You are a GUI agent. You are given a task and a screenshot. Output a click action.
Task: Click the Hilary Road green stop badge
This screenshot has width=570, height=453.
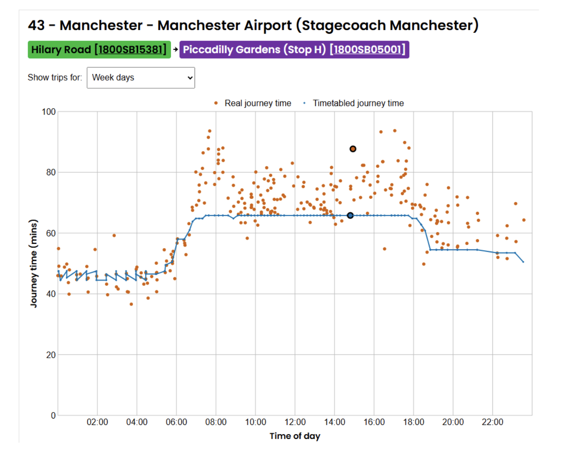click(99, 50)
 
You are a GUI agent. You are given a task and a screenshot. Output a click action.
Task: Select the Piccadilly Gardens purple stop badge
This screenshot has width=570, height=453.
click(294, 50)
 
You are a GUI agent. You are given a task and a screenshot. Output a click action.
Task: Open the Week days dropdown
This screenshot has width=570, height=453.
click(141, 78)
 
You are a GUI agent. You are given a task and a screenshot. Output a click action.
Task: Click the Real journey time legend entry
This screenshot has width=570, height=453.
click(257, 103)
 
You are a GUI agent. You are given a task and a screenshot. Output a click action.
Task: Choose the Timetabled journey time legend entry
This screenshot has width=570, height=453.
click(358, 103)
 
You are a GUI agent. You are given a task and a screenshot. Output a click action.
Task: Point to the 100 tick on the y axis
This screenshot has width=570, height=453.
click(49, 112)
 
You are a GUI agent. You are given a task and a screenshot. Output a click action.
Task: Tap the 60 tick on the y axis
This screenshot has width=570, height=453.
click(51, 233)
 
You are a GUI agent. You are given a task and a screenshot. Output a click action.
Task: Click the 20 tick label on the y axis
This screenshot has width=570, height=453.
click(51, 355)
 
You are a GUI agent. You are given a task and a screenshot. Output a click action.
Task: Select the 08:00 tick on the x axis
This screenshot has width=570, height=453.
click(216, 422)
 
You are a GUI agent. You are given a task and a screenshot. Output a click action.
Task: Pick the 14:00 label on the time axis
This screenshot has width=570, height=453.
click(335, 422)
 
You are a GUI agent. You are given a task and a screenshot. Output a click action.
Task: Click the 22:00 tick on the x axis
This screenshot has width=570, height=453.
click(493, 422)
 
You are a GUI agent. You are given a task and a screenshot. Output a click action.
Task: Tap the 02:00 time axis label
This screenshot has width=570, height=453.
click(97, 422)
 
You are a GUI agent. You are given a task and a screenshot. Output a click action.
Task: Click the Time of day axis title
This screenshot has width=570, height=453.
click(295, 436)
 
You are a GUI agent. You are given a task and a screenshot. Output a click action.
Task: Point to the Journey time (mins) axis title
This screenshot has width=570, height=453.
click(34, 264)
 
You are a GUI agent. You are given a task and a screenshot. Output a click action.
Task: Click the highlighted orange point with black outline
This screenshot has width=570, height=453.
click(353, 149)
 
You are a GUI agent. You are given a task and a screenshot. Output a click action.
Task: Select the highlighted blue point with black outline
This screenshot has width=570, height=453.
click(350, 215)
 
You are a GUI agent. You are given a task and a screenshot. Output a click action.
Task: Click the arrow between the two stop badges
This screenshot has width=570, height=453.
click(175, 50)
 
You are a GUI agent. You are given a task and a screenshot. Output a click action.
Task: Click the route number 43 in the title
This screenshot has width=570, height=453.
click(36, 25)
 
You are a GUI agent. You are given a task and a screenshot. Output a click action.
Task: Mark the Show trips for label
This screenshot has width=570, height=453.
click(55, 78)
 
